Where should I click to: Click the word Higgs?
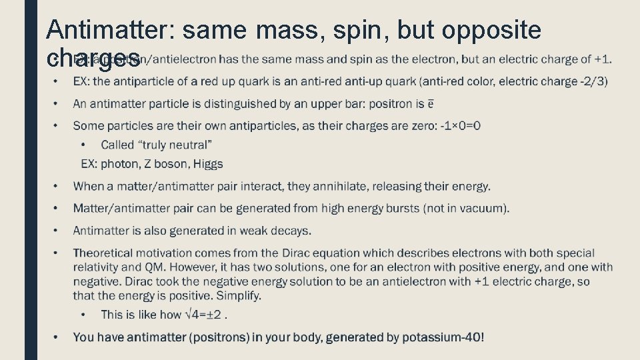tap(207, 164)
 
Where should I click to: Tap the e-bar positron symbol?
tap(431, 104)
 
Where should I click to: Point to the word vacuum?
tap(483, 208)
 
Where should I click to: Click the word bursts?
tap(402, 208)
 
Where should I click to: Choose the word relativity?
tap(95, 267)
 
